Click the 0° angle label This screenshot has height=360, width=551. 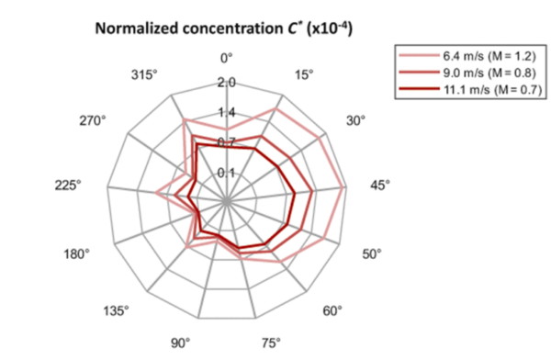click(x=226, y=58)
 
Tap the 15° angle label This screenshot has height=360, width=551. click(x=304, y=75)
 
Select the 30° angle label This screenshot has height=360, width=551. click(x=355, y=120)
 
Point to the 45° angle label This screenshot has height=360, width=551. click(x=380, y=186)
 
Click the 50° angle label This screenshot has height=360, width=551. click(x=372, y=253)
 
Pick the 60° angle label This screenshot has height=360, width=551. click(x=332, y=311)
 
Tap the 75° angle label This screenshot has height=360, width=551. click(x=271, y=343)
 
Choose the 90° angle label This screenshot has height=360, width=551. click(x=181, y=343)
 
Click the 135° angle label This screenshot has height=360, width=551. click(x=116, y=311)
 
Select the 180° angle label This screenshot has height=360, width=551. click(x=76, y=253)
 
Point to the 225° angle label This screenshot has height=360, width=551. click(x=68, y=186)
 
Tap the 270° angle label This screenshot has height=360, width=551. click(x=93, y=120)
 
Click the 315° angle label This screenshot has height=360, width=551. click(x=144, y=75)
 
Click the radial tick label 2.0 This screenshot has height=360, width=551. click(x=227, y=83)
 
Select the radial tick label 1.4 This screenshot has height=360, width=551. click(x=227, y=112)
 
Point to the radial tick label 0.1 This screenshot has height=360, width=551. click(x=227, y=173)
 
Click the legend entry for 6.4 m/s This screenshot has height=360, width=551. click(x=467, y=56)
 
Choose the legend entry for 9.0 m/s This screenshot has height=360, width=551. click(x=467, y=73)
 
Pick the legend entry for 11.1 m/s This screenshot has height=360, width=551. click(x=470, y=90)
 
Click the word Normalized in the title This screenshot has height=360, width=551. click(x=137, y=28)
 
